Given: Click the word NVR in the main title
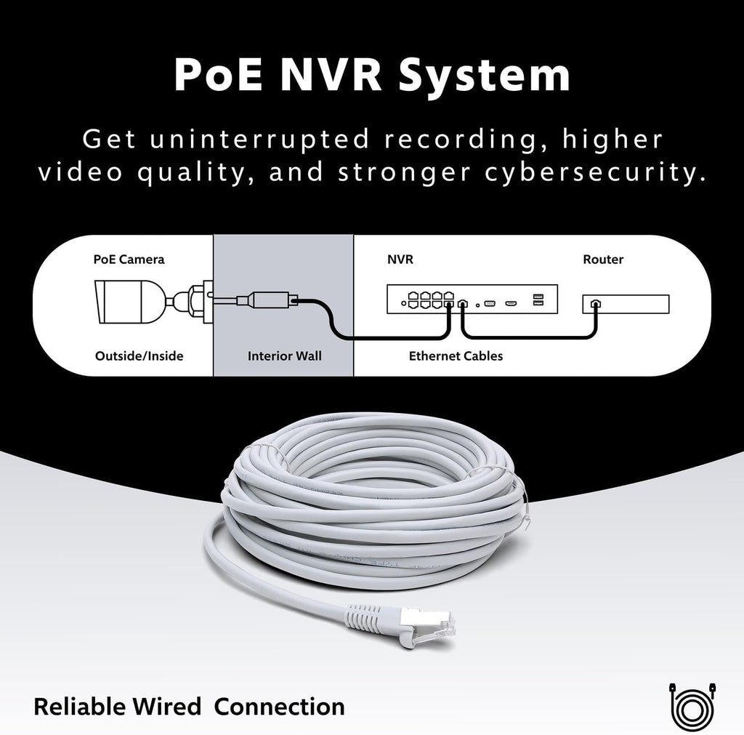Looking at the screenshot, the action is pyautogui.click(x=331, y=74).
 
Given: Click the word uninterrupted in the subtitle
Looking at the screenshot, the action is pyautogui.click(x=259, y=139).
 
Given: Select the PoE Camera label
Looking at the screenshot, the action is pyautogui.click(x=129, y=260).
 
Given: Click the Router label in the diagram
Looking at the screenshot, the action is pyautogui.click(x=602, y=260).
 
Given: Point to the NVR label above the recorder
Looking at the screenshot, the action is pyautogui.click(x=400, y=260).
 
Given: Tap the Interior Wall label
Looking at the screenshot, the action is pyautogui.click(x=284, y=356).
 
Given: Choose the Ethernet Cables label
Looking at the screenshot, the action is pyautogui.click(x=456, y=356).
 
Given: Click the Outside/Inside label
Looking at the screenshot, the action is pyautogui.click(x=139, y=356).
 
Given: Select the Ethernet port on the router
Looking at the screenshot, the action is pyautogui.click(x=595, y=303).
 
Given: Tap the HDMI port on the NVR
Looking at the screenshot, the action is pyautogui.click(x=511, y=303).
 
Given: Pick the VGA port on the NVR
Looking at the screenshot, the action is pyautogui.click(x=489, y=303).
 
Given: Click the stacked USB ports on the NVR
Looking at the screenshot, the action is pyautogui.click(x=538, y=300).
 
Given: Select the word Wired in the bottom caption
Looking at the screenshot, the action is pyautogui.click(x=166, y=707).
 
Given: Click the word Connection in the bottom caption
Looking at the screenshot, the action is pyautogui.click(x=279, y=707).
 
